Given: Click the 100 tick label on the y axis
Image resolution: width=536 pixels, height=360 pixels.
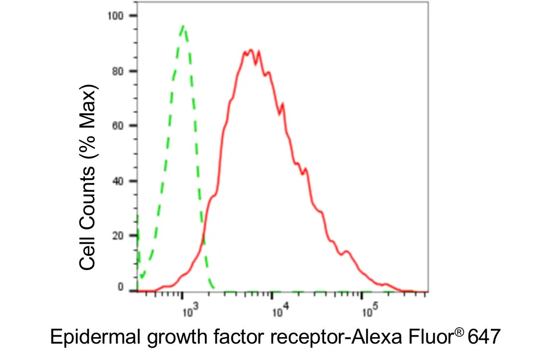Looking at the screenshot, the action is (x=115, y=16).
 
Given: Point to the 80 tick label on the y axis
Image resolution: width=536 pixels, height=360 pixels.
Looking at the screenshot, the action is (x=118, y=71).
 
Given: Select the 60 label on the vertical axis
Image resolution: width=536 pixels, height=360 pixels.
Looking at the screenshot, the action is (x=118, y=126).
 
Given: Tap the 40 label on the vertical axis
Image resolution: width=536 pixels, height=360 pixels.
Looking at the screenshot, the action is (x=118, y=181).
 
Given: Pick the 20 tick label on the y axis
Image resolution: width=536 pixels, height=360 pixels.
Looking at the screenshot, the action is (x=118, y=235).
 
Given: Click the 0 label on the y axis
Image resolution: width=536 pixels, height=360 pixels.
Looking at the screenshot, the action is (x=120, y=287).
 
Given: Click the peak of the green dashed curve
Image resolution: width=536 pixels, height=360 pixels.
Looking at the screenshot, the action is (x=184, y=26).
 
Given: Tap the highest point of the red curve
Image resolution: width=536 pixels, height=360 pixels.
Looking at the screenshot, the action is (x=251, y=50).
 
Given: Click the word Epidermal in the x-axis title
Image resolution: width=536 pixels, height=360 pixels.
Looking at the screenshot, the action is (x=95, y=337).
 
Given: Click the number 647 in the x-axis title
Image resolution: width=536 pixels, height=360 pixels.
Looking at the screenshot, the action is (x=484, y=336).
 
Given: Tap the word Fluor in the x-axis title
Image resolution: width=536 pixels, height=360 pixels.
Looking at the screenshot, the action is (x=431, y=336).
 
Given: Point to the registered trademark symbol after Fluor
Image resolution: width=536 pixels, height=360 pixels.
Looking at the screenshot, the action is (x=460, y=332).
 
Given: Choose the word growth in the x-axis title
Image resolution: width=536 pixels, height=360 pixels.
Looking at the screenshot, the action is (x=177, y=337).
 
